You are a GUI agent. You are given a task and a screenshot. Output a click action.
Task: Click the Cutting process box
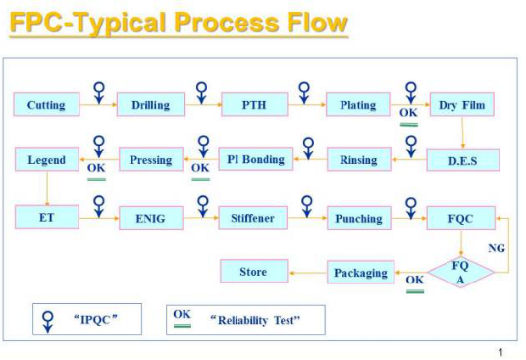coord(47,105)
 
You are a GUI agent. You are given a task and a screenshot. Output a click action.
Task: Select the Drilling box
coord(151,105)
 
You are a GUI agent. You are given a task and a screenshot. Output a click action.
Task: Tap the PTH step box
coord(254,105)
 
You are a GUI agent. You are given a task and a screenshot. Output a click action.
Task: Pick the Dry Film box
coord(462,105)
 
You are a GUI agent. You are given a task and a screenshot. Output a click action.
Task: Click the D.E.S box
coord(463,160)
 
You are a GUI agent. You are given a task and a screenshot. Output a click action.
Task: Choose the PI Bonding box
coord(255,159)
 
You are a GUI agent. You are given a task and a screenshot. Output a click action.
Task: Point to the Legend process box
coord(47,159)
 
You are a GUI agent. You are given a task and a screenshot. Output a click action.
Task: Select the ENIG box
coord(151,218)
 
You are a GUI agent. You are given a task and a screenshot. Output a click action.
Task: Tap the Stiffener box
coord(252,218)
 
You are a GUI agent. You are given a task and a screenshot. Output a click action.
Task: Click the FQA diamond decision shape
coord(461,272)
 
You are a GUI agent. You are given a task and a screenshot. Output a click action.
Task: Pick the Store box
coord(254,271)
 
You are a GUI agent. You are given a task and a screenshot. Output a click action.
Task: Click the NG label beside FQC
coord(497,248)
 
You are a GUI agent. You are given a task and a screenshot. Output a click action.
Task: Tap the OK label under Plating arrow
coord(408,112)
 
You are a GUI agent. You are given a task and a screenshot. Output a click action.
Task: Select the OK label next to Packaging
coord(415,280)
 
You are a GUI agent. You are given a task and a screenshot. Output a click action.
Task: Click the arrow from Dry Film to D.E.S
coord(462,132)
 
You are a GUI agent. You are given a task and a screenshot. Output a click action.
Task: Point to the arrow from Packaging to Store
coord(308,273)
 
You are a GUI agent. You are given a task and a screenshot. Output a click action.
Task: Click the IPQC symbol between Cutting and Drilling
coord(99,93)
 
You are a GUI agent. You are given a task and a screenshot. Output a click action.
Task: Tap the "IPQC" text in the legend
coord(95,319)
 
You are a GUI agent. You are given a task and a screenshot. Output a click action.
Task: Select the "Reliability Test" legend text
coord(255,320)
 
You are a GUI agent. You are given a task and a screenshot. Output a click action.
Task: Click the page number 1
coord(500,352)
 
